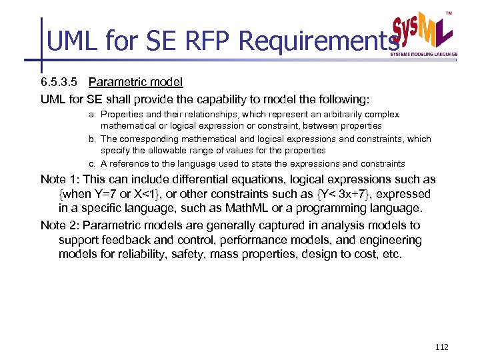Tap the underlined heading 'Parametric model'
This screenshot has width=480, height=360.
[x=135, y=83]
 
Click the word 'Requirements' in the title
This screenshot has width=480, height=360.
[x=314, y=41]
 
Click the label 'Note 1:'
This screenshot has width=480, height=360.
[x=63, y=179]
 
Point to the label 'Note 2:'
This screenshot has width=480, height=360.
[x=63, y=225]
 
